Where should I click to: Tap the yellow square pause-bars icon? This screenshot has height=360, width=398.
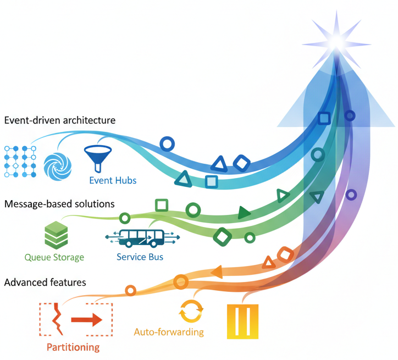click(242, 322)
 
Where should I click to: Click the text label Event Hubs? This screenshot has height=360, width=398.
click(113, 180)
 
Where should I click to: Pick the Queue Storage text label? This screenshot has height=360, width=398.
click(54, 257)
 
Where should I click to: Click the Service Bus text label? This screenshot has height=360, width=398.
click(140, 257)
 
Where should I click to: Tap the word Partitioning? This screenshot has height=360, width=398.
click(73, 347)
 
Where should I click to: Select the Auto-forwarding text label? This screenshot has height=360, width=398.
click(169, 332)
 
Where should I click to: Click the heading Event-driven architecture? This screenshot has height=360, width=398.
click(60, 120)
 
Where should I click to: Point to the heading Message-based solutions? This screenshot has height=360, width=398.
click(59, 204)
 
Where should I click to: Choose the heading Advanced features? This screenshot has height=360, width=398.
click(45, 283)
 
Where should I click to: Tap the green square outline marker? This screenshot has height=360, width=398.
click(161, 205)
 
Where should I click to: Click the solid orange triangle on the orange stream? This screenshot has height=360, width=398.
click(217, 271)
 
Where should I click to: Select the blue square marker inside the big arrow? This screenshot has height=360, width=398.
click(324, 118)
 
